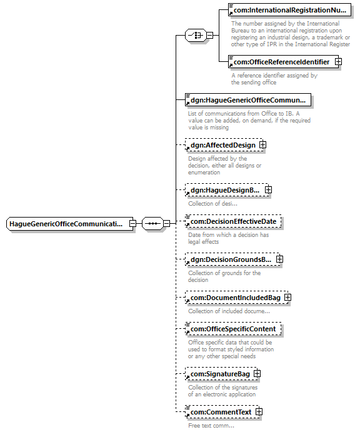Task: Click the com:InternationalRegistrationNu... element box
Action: (289, 10)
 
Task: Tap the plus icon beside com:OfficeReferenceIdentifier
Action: (338, 62)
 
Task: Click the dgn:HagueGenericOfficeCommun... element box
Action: (248, 100)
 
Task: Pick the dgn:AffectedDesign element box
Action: (226, 145)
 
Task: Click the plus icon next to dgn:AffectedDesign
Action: (262, 144)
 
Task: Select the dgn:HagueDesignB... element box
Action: (228, 190)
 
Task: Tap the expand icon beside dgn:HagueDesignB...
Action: (268, 190)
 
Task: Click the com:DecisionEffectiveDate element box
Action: (233, 221)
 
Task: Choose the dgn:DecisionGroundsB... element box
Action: (234, 259)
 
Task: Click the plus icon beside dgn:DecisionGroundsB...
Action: (279, 259)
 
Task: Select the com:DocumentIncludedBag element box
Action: (238, 298)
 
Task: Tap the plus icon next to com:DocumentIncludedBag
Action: (287, 298)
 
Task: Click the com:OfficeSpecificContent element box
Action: (233, 329)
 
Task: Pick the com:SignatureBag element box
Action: (223, 374)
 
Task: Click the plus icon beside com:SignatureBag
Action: (257, 373)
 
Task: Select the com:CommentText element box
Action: (224, 412)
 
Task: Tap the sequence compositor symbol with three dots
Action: (152, 223)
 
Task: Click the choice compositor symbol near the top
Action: (196, 35)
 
